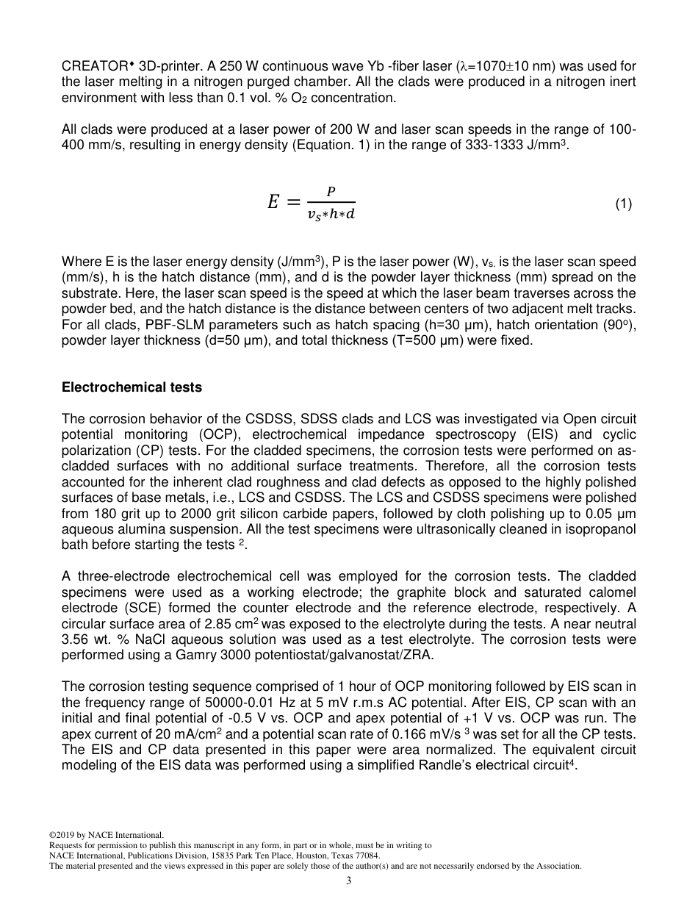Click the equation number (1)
tap(623, 204)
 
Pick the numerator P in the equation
tap(331, 192)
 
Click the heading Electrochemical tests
tap(132, 387)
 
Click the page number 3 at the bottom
tap(349, 880)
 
